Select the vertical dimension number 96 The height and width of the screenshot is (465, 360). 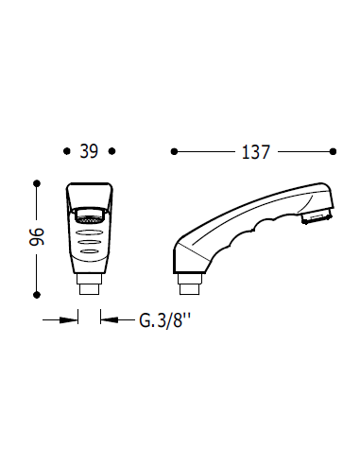(x=36, y=237)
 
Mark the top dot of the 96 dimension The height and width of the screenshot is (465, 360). (x=36, y=182)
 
